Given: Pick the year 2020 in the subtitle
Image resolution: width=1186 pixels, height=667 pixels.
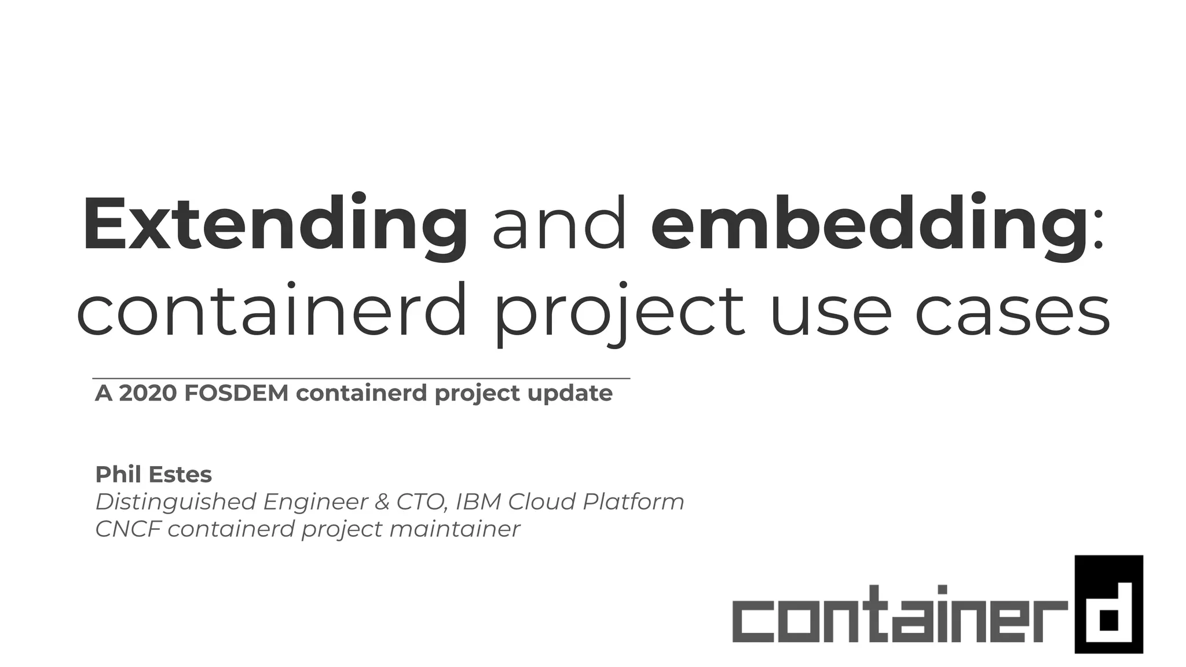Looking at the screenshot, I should coord(148,393).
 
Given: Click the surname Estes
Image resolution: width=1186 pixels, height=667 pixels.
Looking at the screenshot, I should coord(181,475).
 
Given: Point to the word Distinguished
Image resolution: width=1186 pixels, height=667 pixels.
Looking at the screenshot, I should coord(175,502).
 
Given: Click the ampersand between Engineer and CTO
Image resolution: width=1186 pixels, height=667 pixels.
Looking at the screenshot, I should coord(382,502).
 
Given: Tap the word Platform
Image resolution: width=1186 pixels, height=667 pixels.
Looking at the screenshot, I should coord(634,502).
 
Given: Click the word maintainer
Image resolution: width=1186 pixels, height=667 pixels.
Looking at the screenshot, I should coord(455,529).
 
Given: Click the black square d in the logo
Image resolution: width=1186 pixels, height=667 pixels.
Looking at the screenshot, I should coord(1108,604).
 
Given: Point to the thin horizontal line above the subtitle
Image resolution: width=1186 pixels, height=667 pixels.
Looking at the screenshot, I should coord(361,378).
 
